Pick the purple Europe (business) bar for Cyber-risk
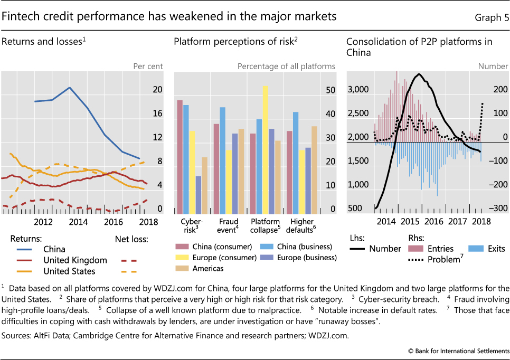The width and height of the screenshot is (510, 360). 199,194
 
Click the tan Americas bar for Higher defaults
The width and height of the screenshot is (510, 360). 314,169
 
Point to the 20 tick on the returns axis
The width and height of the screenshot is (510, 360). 157,90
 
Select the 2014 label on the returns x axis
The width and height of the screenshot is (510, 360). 78,222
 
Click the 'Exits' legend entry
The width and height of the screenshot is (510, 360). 492,249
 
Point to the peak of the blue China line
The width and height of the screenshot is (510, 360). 70,87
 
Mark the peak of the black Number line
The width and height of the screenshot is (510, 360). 419,74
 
